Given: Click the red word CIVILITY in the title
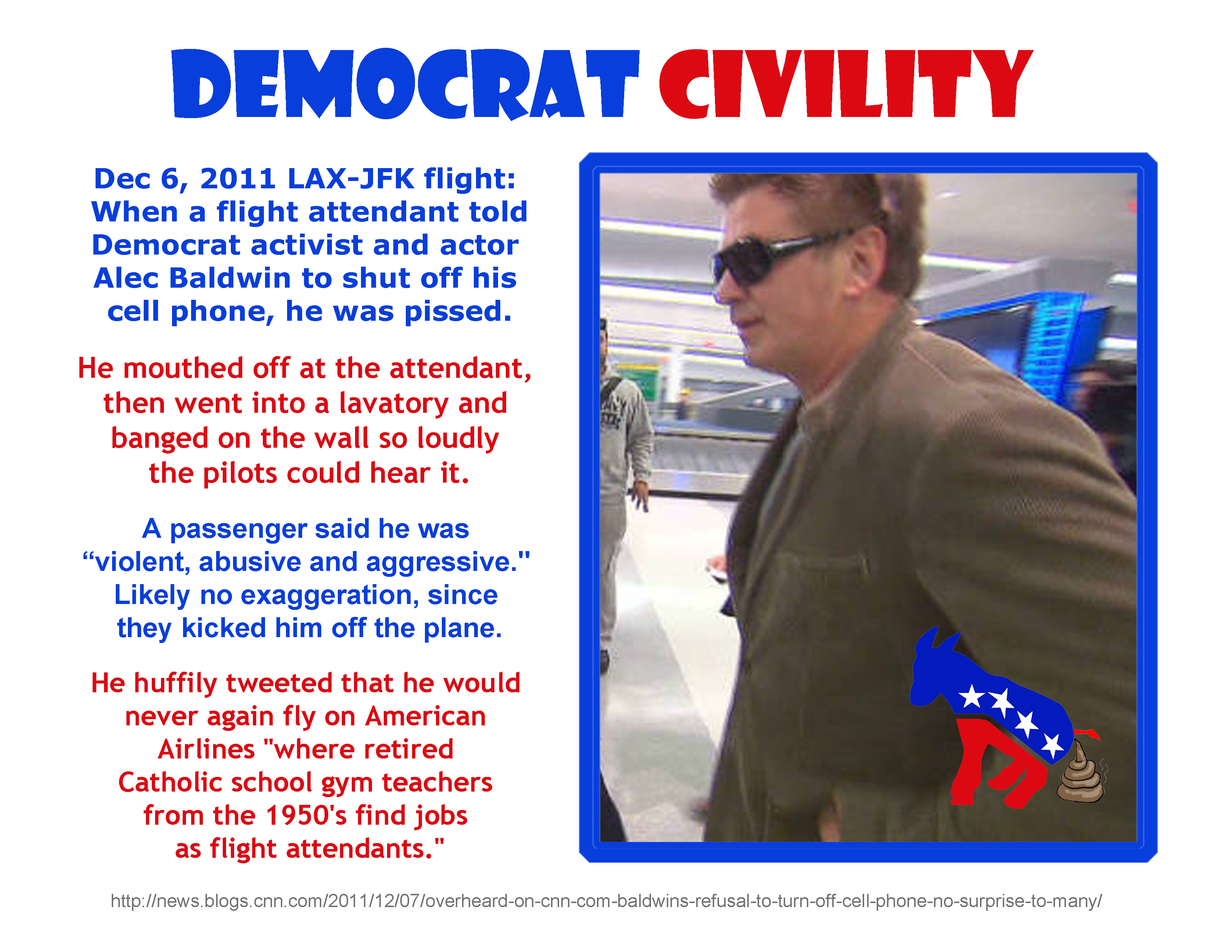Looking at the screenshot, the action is click(x=845, y=84).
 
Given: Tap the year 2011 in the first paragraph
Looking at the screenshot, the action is click(x=238, y=178).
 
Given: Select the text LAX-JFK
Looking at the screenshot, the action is click(x=351, y=178).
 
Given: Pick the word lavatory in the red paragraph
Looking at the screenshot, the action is click(x=394, y=404).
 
